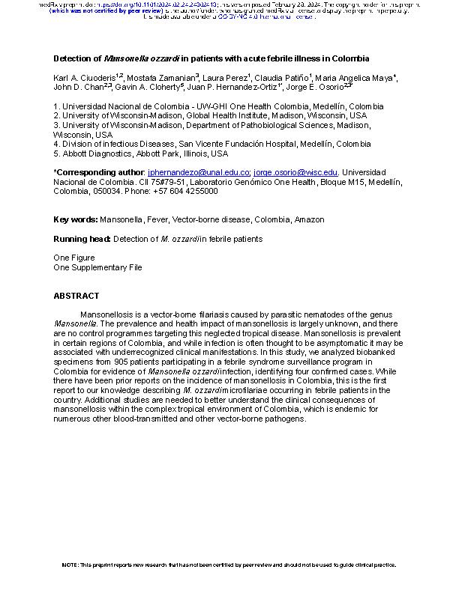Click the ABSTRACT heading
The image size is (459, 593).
coord(76,296)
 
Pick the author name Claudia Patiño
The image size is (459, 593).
coord(285,78)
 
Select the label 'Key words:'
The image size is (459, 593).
coord(76,219)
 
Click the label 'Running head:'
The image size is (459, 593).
coord(82,239)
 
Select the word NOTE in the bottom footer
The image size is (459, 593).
coord(70,565)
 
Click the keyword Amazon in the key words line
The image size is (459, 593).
coord(310,219)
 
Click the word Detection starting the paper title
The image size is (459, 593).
coord(76,58)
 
